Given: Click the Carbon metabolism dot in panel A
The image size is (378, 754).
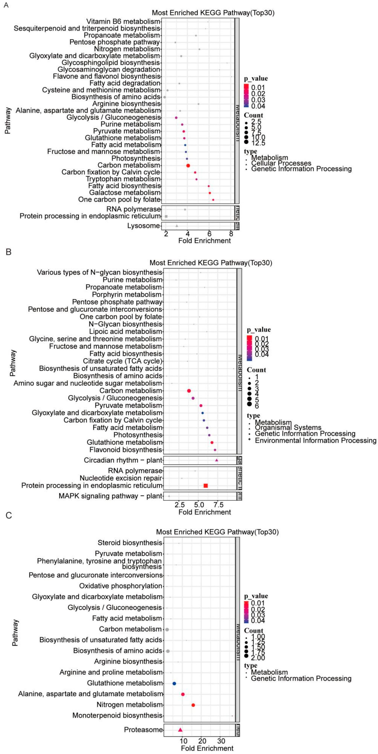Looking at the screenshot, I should [188, 166].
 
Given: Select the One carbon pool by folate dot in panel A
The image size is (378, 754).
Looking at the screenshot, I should [213, 200].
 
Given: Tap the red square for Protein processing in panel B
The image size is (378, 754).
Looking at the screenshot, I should [205, 486].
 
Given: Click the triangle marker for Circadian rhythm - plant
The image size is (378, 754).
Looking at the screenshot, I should [217, 460].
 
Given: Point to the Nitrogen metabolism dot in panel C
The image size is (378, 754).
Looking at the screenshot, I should [193, 705].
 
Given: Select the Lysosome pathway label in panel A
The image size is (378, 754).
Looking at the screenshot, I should [144, 226].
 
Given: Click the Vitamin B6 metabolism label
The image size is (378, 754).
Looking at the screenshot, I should [123, 21].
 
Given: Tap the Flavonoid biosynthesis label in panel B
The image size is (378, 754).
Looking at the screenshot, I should [126, 450].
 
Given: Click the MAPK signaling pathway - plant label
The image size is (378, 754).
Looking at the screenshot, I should [110, 496].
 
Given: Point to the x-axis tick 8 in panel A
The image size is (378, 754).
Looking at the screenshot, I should [231, 234].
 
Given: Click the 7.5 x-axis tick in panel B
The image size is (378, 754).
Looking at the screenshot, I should [218, 505].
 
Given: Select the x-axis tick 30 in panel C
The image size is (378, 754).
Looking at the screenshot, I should [221, 741].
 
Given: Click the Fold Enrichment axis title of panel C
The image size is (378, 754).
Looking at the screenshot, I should [207, 748].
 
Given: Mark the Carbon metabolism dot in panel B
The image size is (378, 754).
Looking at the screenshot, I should [189, 391].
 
